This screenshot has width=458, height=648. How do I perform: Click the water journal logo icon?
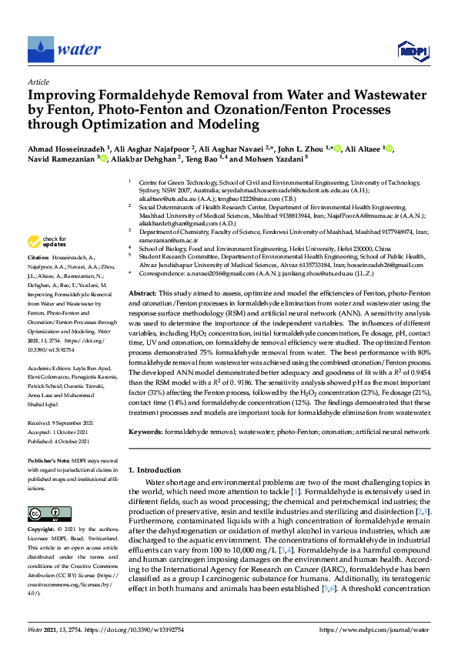39,50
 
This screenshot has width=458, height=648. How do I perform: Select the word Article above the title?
38,81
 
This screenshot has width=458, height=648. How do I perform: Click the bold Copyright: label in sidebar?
43,531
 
